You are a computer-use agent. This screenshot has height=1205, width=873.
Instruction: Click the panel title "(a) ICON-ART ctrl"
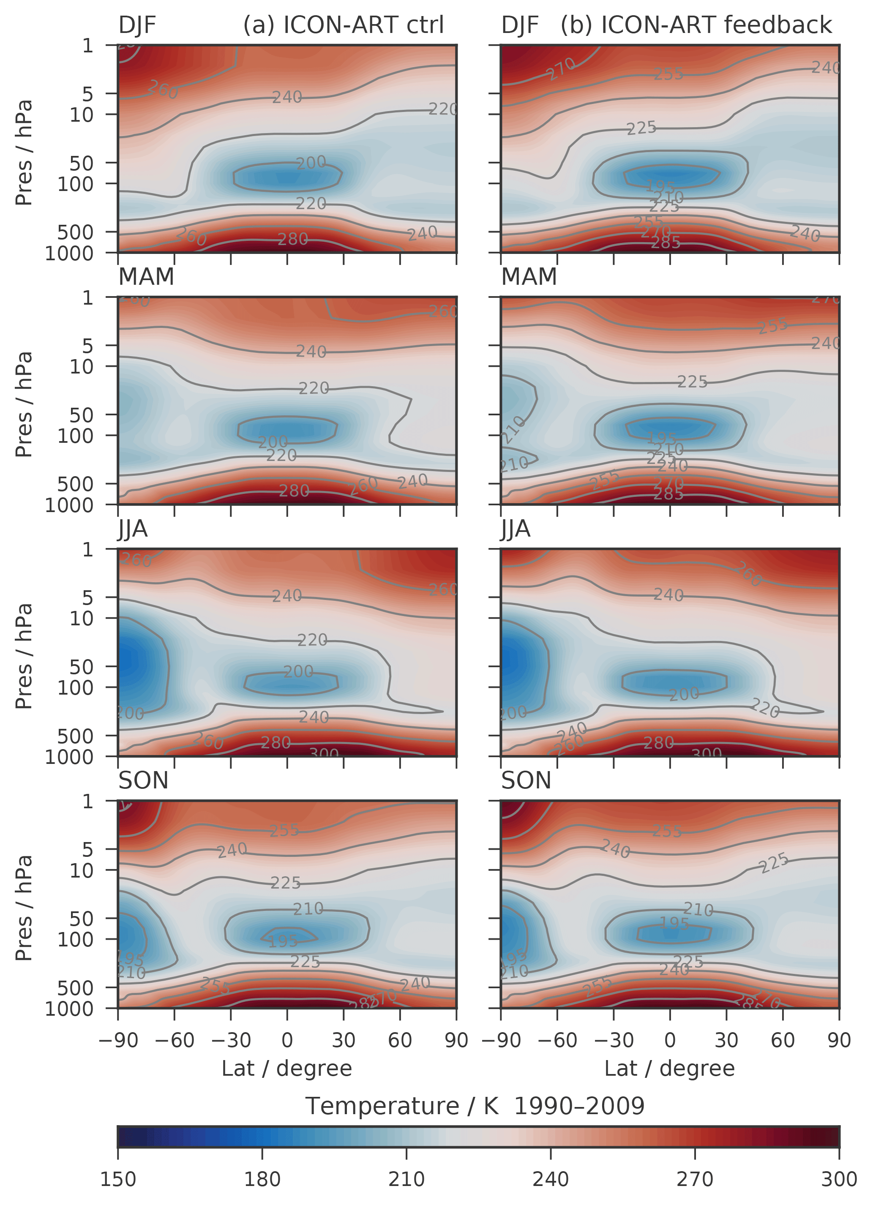pyautogui.click(x=343, y=25)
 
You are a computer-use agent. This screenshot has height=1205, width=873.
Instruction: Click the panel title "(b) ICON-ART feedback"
pyautogui.click(x=696, y=25)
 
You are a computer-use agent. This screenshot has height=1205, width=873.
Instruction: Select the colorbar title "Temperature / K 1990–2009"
pyautogui.click(x=475, y=1106)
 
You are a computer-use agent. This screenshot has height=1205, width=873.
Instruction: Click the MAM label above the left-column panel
pyautogui.click(x=146, y=276)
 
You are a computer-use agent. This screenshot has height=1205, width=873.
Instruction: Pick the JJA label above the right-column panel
pyautogui.click(x=516, y=529)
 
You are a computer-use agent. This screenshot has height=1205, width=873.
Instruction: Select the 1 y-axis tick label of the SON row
pyautogui.click(x=87, y=801)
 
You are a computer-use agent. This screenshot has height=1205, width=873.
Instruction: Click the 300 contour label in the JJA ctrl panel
pyautogui.click(x=324, y=753)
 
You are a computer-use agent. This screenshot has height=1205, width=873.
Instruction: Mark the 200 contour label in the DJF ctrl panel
pyautogui.click(x=311, y=163)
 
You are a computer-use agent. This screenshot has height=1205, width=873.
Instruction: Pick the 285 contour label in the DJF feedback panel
pyautogui.click(x=666, y=243)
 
